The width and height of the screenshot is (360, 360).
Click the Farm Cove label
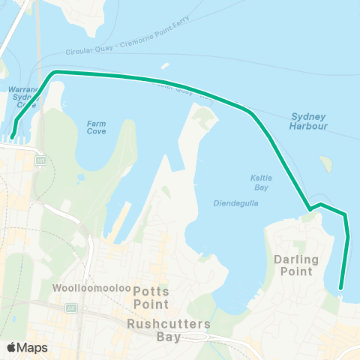point(97,127)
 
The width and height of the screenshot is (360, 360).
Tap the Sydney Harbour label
point(308,122)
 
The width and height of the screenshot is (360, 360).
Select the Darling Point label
point(296,265)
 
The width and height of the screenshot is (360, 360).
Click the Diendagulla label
point(235,202)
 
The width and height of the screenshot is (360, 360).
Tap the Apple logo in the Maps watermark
point(12,347)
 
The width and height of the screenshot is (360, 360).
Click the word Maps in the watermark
point(32,347)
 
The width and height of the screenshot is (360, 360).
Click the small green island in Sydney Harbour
point(325,163)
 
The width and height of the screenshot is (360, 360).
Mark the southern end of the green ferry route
point(340,288)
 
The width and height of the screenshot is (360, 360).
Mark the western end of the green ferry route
point(13,136)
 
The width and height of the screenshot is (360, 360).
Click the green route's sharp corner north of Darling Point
point(308,208)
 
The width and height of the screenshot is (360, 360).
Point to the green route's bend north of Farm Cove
point(53,73)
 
